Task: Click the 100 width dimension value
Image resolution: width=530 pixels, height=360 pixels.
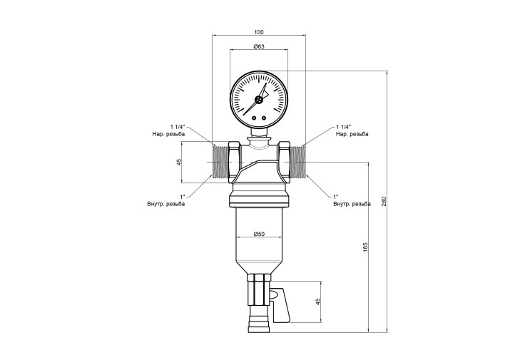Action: point(258,32)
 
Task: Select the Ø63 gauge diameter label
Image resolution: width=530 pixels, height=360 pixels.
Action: point(259,46)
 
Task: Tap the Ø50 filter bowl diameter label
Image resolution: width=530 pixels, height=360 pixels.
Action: point(259,234)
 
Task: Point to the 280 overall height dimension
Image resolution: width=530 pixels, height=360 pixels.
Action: point(383,201)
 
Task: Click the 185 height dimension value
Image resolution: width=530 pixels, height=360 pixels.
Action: point(365,247)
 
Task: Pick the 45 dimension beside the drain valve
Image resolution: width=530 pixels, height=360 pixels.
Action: point(318,302)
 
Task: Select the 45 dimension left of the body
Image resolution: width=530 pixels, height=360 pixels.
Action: point(179,162)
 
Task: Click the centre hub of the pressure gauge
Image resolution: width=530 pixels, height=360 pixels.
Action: point(259,99)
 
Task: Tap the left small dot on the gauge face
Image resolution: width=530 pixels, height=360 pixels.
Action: point(254,118)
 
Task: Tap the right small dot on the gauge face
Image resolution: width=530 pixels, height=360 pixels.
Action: point(264,118)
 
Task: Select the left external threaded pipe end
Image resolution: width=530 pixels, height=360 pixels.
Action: point(220,162)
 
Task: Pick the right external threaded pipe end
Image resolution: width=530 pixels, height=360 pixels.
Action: point(297,162)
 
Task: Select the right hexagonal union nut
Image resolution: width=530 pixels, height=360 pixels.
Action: point(284,162)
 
